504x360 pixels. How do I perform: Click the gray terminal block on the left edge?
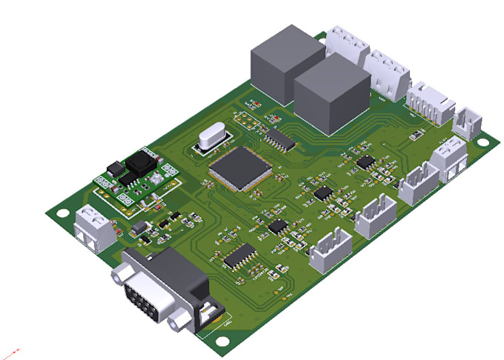pos(95,227)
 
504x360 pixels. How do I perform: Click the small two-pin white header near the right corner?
pos(468,121)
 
